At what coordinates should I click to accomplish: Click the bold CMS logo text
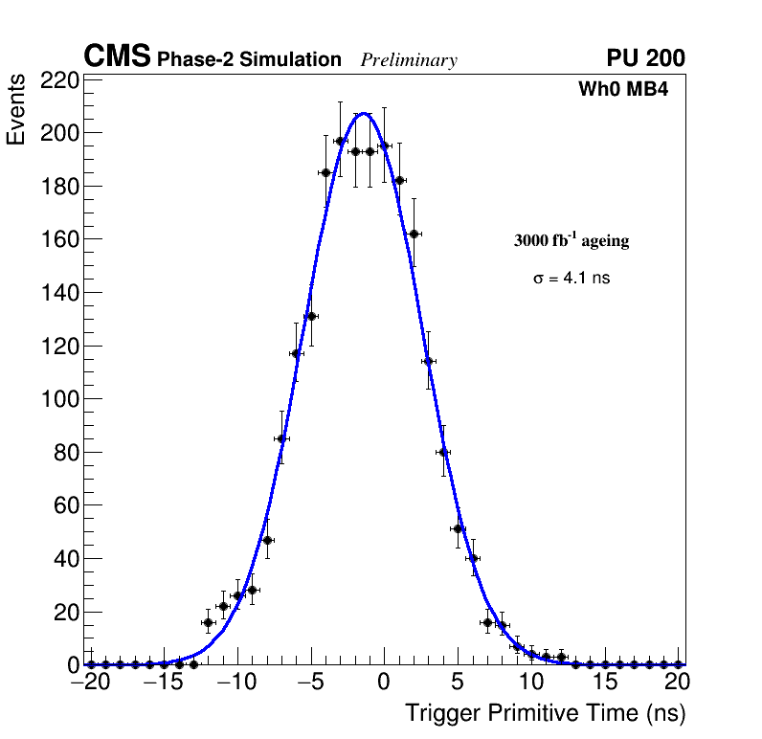click(117, 57)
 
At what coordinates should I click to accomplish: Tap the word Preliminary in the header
click(409, 60)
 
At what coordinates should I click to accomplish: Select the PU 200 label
click(646, 58)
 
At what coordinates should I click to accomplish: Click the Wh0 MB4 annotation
click(623, 90)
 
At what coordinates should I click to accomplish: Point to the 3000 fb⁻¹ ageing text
click(571, 240)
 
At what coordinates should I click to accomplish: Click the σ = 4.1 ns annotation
click(571, 279)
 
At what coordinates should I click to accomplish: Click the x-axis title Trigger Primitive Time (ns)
click(545, 713)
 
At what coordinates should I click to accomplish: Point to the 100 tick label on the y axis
click(59, 398)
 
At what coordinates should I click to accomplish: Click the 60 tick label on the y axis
click(64, 504)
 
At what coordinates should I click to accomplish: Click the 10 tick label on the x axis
click(531, 683)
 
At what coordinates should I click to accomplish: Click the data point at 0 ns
click(384, 146)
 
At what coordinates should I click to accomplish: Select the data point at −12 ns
click(208, 622)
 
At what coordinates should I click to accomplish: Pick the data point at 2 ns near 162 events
click(414, 234)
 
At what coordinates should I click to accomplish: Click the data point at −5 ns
click(311, 316)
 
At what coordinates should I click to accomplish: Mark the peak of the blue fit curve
click(364, 114)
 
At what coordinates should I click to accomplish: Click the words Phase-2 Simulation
click(249, 59)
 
